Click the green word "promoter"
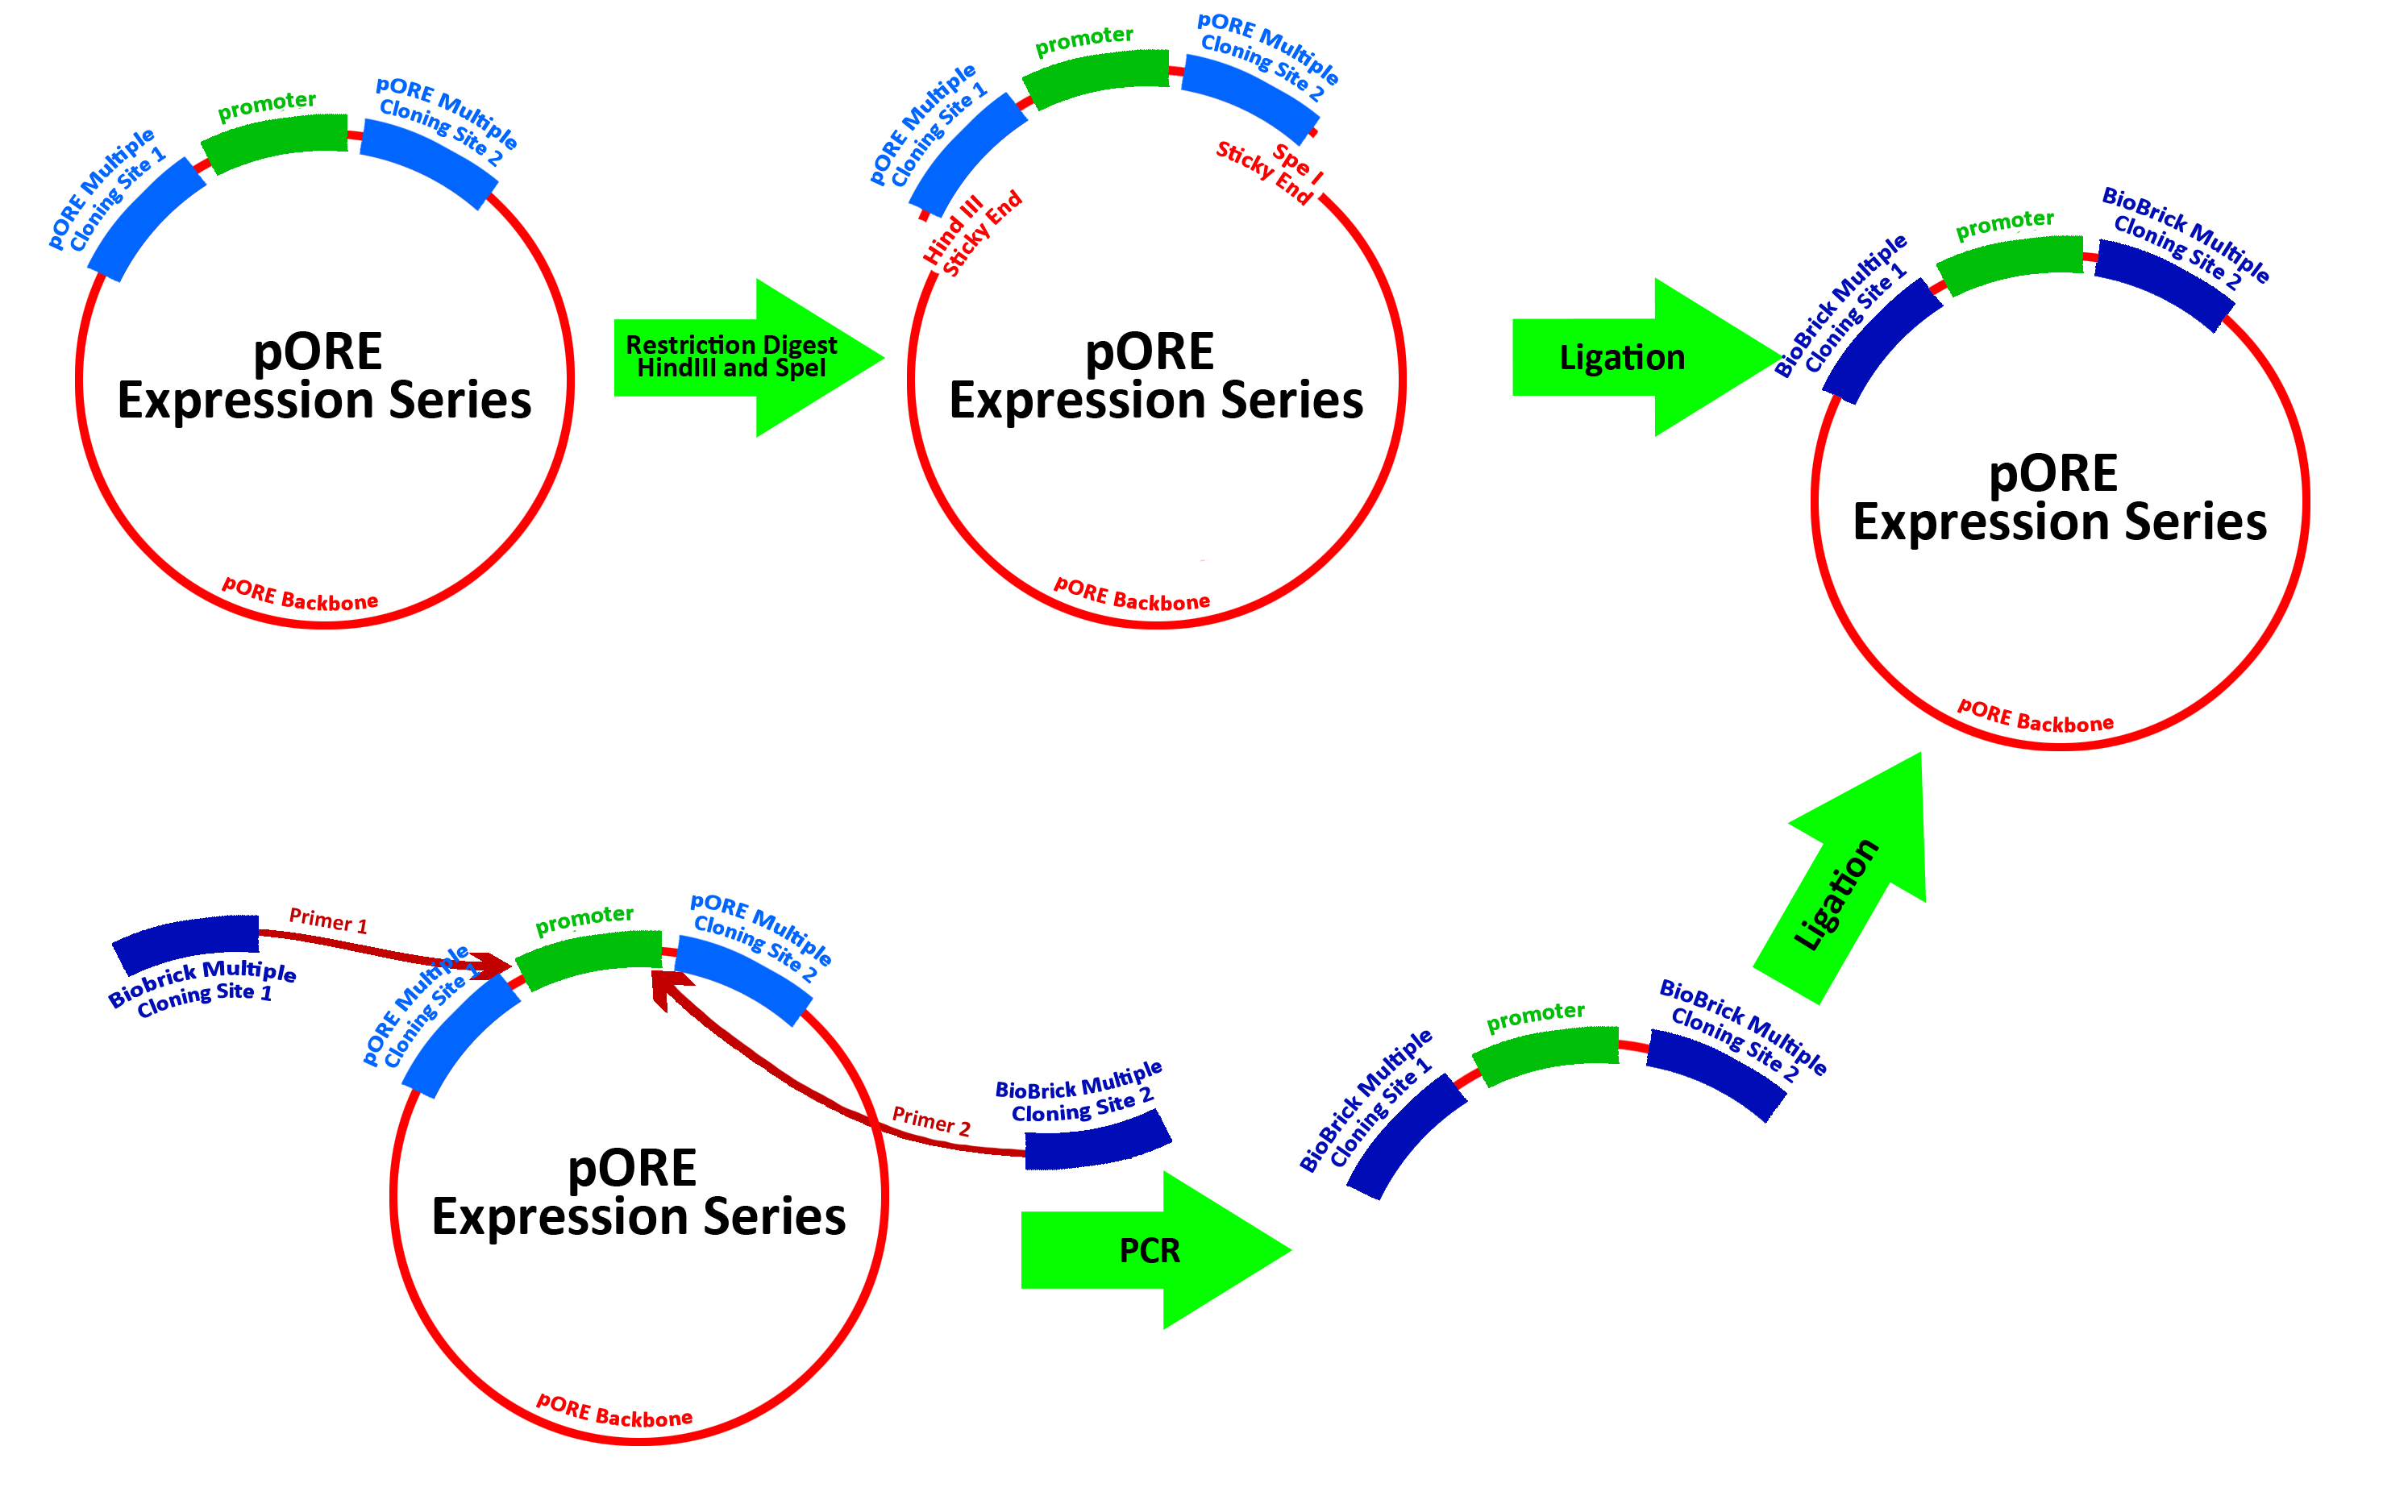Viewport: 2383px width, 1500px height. pos(265,105)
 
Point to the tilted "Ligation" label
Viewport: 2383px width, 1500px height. pos(1836,895)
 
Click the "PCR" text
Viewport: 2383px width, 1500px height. pos(1149,1251)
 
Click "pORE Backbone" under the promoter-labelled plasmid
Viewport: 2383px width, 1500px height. pos(300,596)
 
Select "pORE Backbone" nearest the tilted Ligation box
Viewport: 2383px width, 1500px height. pos(2035,717)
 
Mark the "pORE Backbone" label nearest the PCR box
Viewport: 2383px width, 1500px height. pos(613,1412)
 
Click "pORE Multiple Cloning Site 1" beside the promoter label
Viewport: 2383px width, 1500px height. pos(107,190)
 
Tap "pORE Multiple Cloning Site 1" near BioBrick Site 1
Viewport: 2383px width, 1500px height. pos(421,1008)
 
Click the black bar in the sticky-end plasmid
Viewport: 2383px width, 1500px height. pos(1156,378)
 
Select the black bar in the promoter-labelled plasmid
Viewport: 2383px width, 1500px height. pos(325,378)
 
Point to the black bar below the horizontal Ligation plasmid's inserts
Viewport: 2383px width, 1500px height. pos(2061,501)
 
